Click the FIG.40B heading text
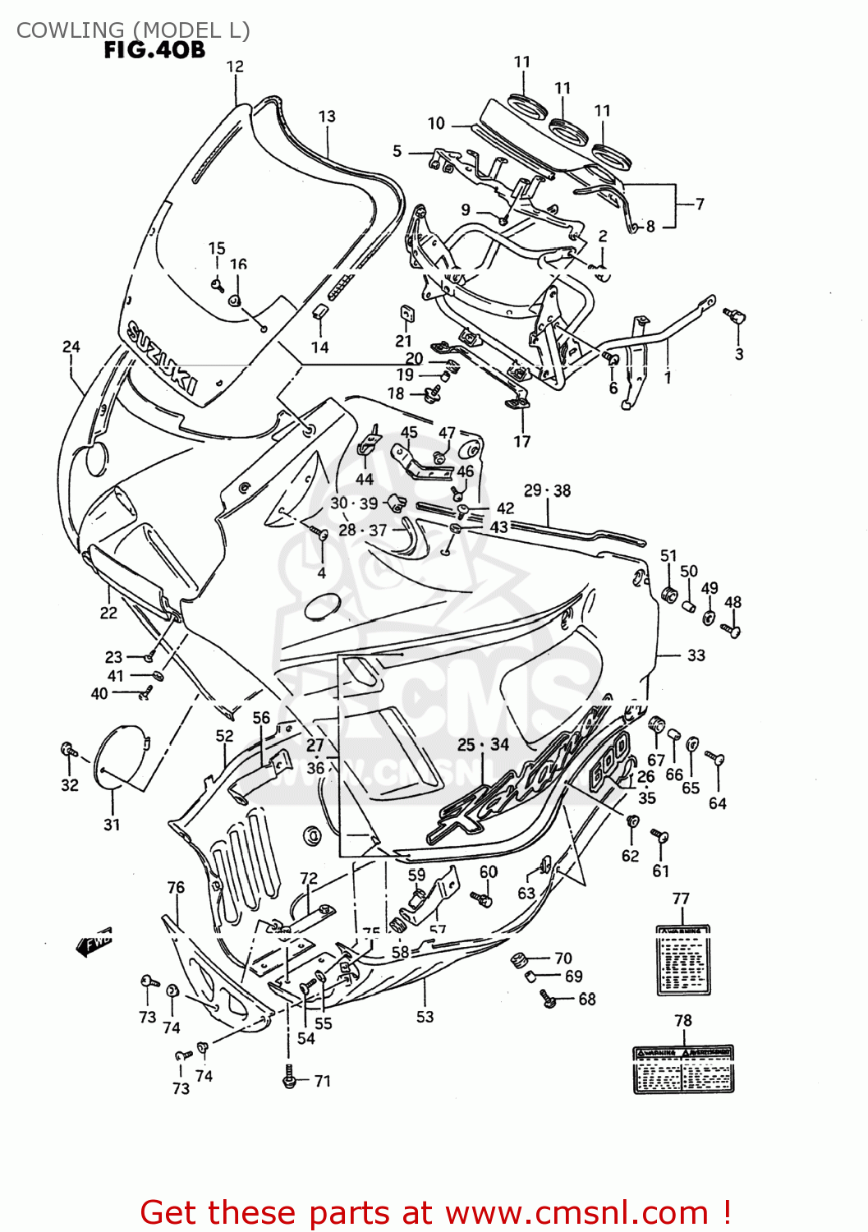[154, 50]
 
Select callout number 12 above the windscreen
[235, 67]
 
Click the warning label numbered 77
[682, 960]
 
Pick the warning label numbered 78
[683, 1069]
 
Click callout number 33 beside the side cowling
[696, 655]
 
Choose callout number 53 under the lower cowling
[425, 1017]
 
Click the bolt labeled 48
[732, 630]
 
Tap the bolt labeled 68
[548, 998]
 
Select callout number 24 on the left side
[71, 347]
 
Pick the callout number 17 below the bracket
[522, 442]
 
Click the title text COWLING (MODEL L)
[133, 30]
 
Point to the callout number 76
[176, 887]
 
